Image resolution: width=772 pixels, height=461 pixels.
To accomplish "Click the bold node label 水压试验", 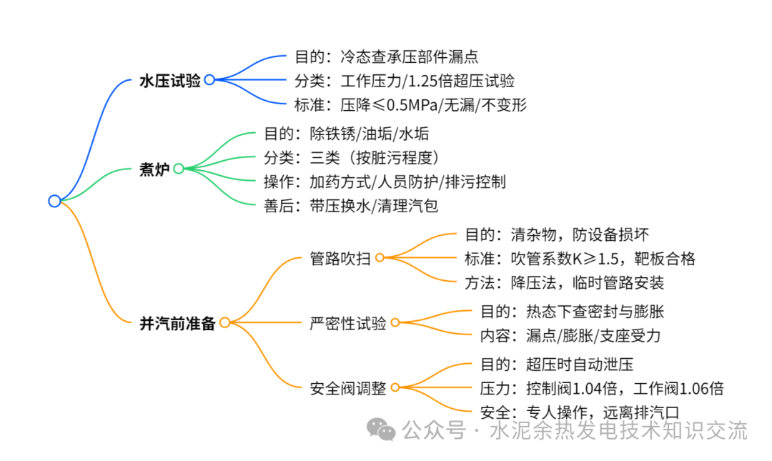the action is click(x=169, y=80).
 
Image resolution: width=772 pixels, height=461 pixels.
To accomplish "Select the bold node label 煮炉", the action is click(x=154, y=169).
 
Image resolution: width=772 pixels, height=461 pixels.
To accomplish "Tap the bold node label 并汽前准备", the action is click(x=177, y=323).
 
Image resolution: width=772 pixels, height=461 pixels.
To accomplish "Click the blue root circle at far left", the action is click(x=54, y=201).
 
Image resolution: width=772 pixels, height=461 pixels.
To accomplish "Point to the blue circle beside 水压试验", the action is click(x=209, y=80).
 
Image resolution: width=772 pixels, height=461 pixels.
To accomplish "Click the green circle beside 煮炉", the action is click(x=179, y=169).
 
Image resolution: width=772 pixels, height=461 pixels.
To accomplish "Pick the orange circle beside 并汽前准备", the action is click(x=224, y=322).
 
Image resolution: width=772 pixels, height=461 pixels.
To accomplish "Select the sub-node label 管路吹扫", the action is click(x=340, y=257).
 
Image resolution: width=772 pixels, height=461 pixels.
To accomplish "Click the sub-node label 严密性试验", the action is click(x=347, y=323).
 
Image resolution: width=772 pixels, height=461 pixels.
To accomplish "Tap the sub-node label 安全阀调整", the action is click(x=347, y=389).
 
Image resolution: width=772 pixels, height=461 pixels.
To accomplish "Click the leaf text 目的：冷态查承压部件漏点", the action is click(x=386, y=56).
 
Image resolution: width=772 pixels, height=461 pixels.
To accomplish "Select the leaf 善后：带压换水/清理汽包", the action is click(x=350, y=206).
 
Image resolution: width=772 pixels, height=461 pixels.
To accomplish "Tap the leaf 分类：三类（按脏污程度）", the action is click(x=350, y=157).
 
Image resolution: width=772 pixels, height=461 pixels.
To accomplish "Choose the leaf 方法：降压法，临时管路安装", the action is click(x=565, y=282).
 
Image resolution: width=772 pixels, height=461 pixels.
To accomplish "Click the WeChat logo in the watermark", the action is click(x=381, y=429).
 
